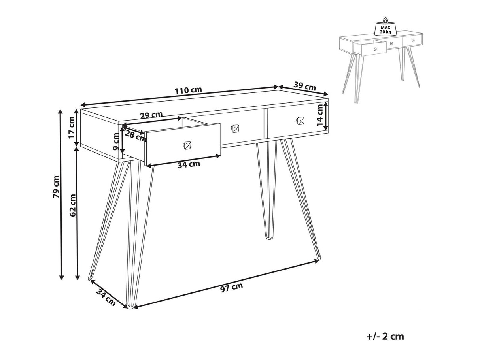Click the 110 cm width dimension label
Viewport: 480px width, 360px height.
click(188, 90)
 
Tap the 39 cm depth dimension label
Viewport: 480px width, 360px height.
click(304, 87)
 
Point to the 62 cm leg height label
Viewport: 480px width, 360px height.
click(73, 205)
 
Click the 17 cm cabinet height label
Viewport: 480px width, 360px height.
click(72, 127)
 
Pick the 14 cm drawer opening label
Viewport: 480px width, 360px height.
click(320, 115)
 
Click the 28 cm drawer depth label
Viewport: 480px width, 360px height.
click(135, 136)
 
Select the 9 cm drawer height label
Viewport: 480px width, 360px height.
click(116, 141)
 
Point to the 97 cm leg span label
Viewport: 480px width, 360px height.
click(231, 287)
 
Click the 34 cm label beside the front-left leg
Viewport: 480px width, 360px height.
click(106, 297)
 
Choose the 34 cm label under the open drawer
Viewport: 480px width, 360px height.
click(189, 164)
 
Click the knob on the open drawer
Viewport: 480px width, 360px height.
click(187, 145)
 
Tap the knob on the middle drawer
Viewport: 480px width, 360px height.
click(235, 128)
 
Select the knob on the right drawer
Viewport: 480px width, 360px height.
click(300, 121)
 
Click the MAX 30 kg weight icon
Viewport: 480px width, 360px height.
click(386, 27)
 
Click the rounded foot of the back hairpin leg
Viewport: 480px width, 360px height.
click(270, 237)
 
